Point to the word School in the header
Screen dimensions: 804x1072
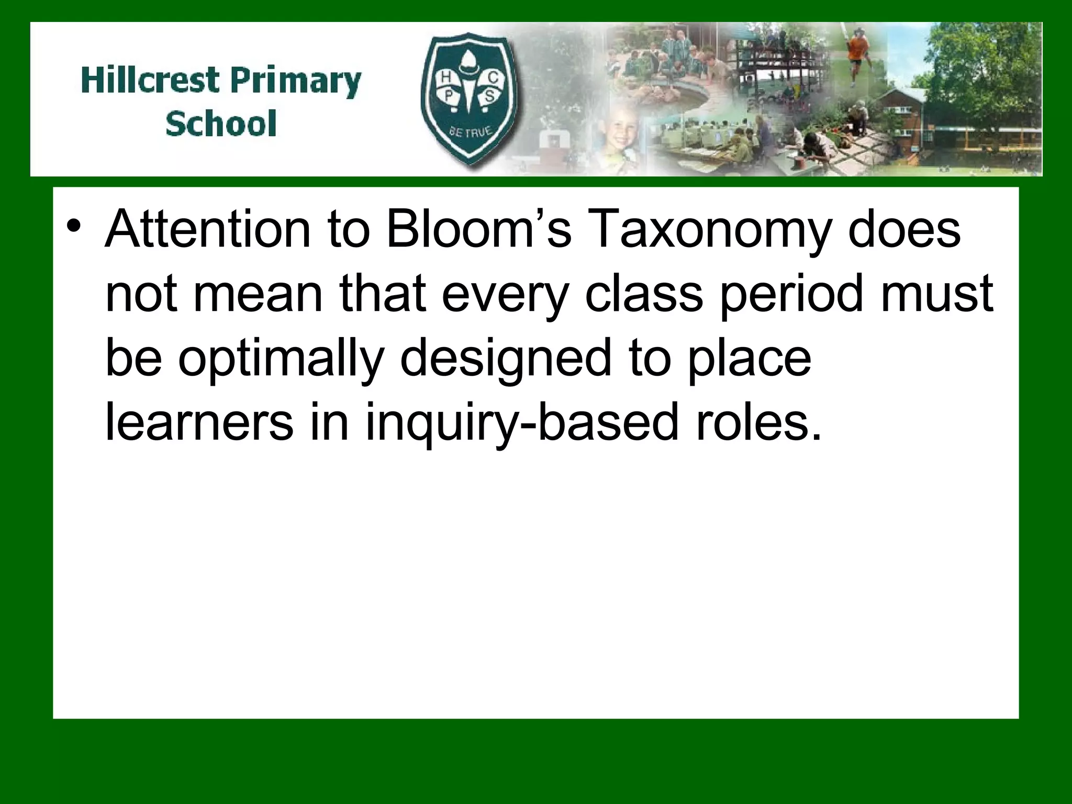(x=221, y=124)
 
